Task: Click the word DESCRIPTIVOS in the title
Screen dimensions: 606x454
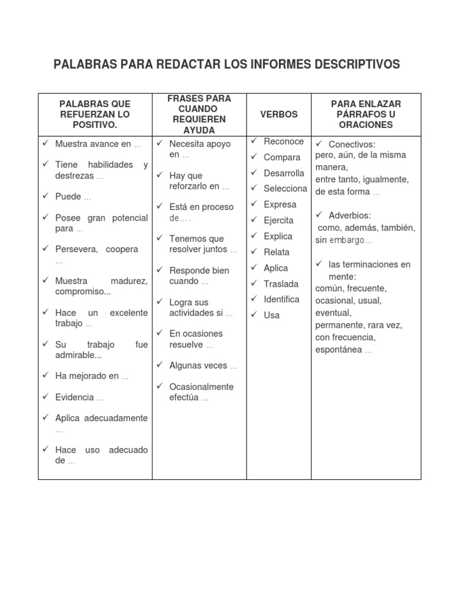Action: click(354, 64)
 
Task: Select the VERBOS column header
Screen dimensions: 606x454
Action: click(279, 114)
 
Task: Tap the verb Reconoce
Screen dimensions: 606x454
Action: click(284, 141)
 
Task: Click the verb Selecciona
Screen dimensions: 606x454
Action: click(286, 189)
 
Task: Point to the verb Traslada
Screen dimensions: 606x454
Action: click(281, 284)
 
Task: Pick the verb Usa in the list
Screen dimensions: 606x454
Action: click(272, 315)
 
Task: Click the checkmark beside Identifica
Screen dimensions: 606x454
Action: click(254, 299)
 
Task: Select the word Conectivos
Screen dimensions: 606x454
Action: click(352, 144)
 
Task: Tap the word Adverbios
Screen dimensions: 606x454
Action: click(350, 215)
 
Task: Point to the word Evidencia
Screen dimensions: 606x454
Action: click(74, 397)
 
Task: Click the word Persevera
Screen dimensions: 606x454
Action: click(72, 249)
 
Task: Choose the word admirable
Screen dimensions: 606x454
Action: click(77, 355)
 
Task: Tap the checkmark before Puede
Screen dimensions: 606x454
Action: click(46, 196)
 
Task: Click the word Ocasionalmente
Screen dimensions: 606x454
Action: click(202, 387)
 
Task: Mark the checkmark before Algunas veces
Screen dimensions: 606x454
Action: click(160, 365)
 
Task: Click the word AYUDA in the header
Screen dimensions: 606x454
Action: click(199, 130)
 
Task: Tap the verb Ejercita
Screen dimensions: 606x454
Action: click(279, 220)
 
